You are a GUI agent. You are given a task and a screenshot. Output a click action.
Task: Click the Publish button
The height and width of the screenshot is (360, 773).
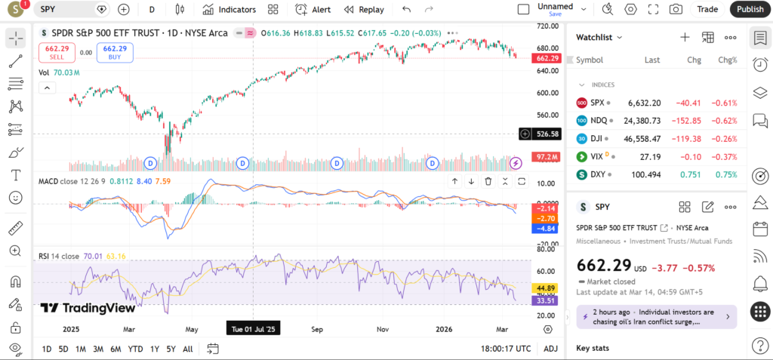click(750, 9)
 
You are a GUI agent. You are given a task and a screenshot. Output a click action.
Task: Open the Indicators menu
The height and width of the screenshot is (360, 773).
click(229, 10)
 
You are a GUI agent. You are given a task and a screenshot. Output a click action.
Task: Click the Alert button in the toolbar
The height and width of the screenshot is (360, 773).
click(313, 10)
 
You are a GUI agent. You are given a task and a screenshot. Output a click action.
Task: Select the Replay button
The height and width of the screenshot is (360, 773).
click(364, 10)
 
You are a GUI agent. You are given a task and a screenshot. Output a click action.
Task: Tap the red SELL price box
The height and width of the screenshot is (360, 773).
click(57, 52)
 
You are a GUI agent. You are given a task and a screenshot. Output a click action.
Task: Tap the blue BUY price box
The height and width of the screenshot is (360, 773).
click(115, 52)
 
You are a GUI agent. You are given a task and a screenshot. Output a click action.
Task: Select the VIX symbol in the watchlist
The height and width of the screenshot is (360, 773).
click(598, 157)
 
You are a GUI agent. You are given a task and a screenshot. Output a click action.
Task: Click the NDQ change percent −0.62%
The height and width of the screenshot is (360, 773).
click(725, 121)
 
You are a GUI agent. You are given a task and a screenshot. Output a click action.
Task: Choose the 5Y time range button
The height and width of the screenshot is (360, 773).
click(171, 349)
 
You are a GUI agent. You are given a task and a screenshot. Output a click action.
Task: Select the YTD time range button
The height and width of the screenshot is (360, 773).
click(136, 349)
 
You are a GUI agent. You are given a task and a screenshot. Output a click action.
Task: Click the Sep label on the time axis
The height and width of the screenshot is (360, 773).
click(317, 329)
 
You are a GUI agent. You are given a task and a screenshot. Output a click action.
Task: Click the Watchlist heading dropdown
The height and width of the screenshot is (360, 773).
click(599, 37)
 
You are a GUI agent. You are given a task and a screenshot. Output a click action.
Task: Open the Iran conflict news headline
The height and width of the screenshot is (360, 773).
click(654, 316)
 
